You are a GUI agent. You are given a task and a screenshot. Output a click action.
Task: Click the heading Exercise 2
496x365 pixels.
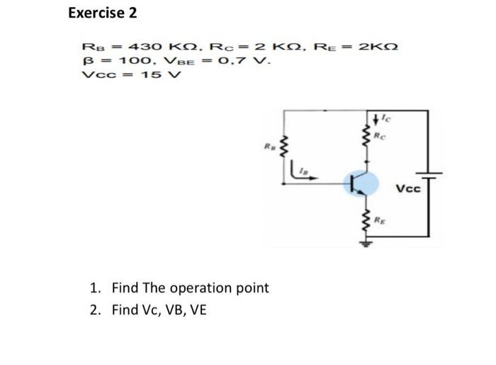(103, 13)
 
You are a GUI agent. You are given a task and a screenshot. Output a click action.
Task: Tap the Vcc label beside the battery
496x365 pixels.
(407, 189)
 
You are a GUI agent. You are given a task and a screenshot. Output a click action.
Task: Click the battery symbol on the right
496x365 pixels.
(429, 175)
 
